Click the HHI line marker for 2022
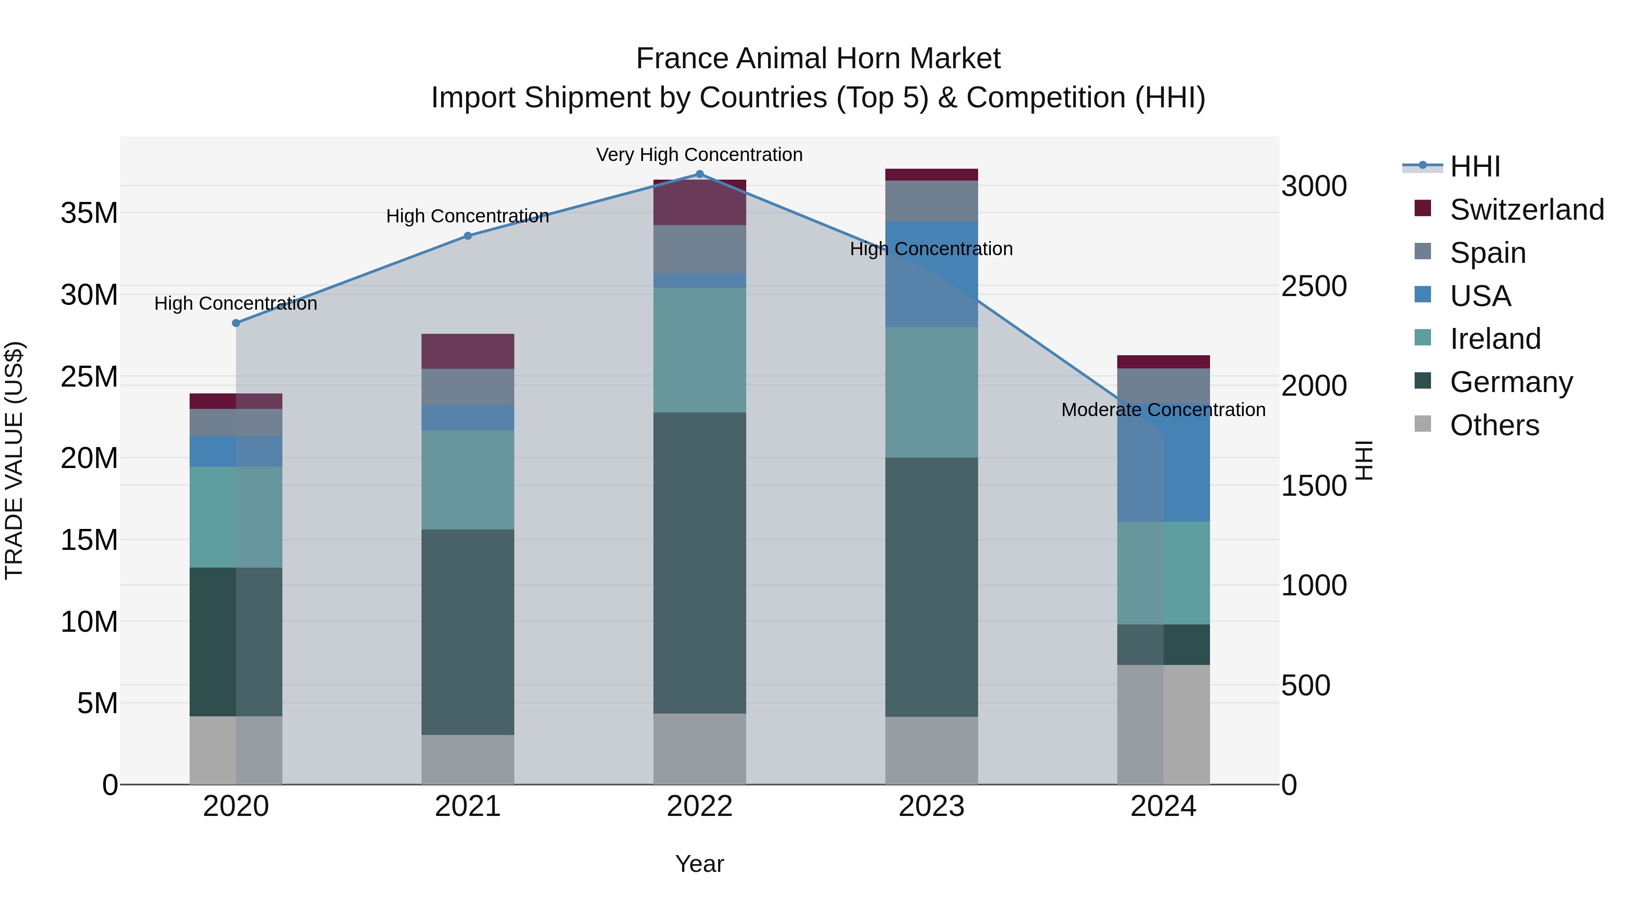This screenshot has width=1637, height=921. tap(700, 174)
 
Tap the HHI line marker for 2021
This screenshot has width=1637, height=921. tap(468, 236)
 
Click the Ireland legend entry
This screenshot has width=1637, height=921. tap(1494, 339)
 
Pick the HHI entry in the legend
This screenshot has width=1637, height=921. tap(1474, 166)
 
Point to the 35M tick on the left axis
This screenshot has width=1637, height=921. tap(89, 213)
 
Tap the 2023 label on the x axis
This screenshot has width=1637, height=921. tap(932, 806)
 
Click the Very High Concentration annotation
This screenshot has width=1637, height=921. tap(700, 155)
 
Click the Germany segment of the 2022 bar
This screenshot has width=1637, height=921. tap(700, 563)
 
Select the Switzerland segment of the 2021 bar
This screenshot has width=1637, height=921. tap(468, 352)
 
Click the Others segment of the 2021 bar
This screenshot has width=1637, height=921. tap(468, 760)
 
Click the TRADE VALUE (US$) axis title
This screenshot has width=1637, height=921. tap(14, 460)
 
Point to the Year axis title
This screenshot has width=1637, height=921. tap(700, 864)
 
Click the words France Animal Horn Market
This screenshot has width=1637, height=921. tap(818, 59)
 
